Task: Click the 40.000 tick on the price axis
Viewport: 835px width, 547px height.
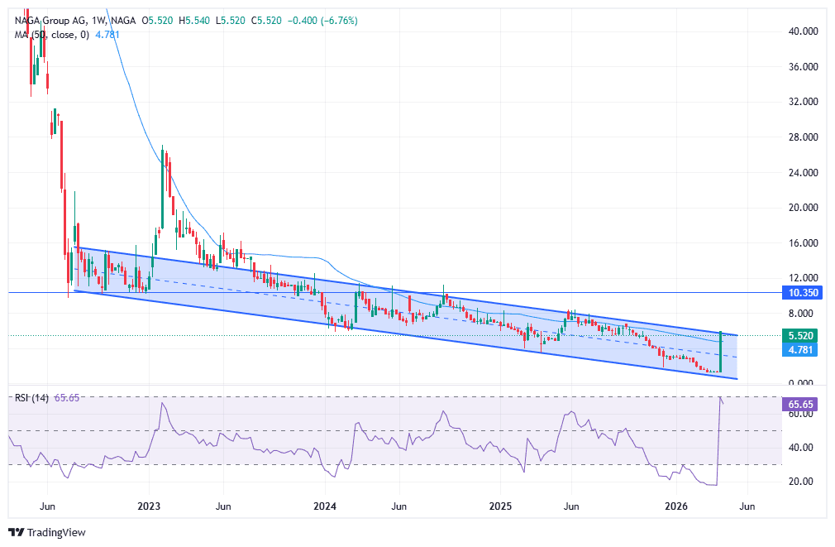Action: [x=804, y=31]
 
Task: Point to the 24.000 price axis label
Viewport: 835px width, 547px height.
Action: [x=804, y=172]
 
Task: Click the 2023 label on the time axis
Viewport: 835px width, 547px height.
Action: [x=148, y=506]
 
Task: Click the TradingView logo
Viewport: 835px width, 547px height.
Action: [x=47, y=532]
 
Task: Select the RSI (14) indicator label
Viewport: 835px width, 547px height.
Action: [x=31, y=398]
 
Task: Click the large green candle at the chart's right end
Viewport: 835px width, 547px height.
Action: [x=721, y=352]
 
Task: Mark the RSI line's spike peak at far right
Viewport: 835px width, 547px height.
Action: [x=721, y=398]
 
